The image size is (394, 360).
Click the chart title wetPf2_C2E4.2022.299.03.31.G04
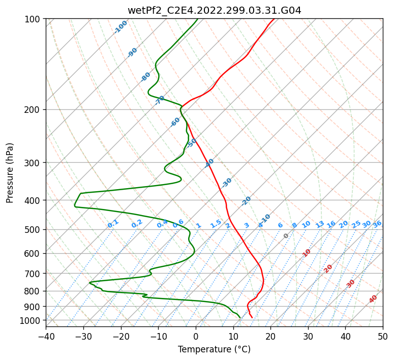(x=214, y=10)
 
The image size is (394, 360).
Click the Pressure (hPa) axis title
(x=10, y=172)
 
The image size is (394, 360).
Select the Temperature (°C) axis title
(x=214, y=349)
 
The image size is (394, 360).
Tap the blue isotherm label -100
(x=120, y=27)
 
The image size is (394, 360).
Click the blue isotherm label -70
(x=160, y=100)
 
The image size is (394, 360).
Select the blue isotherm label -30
(x=226, y=183)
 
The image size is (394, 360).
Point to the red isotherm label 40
(x=373, y=299)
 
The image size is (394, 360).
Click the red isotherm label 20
(x=328, y=268)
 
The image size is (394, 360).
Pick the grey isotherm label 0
(x=286, y=236)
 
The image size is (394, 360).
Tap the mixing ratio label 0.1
(x=113, y=224)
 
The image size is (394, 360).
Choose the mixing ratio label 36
(x=377, y=224)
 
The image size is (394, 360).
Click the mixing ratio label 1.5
(x=216, y=223)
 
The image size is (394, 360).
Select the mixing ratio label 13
(x=320, y=224)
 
